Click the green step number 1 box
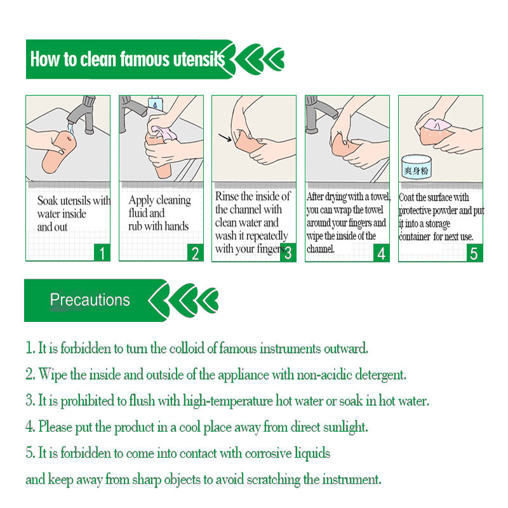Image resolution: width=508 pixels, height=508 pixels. point(102,252)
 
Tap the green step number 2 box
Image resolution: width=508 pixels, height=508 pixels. point(196,252)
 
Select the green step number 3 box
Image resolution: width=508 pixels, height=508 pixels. point(288,252)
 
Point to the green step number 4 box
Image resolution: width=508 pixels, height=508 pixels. point(382,252)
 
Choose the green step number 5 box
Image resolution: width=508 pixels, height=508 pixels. point(474,253)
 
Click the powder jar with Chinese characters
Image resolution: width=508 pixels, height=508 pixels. point(417,167)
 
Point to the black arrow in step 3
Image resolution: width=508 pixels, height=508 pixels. point(225,137)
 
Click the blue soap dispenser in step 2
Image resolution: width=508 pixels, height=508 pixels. point(155,103)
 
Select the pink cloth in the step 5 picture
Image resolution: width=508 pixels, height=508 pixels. point(437,124)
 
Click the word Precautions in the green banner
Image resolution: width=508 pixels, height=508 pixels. point(90,300)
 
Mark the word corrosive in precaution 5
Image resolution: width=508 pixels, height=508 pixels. point(268,453)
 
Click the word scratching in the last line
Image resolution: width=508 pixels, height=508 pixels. point(274,479)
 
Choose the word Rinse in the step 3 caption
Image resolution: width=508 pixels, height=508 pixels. point(227,196)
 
